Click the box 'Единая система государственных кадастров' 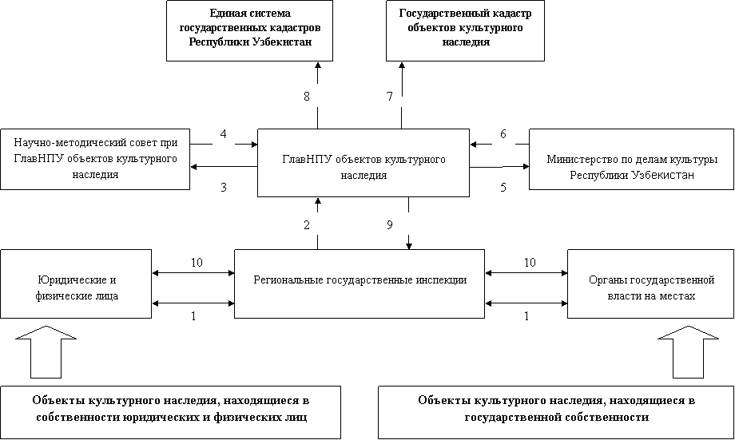[x=249, y=30]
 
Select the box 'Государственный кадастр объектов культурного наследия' [x=465, y=30]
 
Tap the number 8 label [x=306, y=96]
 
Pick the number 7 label [x=389, y=96]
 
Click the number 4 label [x=223, y=133]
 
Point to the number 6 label [x=503, y=133]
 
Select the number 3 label [x=223, y=188]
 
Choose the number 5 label [x=503, y=188]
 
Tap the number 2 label [x=306, y=224]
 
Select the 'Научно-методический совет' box [x=95, y=158]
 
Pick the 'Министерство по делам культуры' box [x=631, y=166]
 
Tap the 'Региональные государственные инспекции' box [x=360, y=280]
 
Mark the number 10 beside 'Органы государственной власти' [x=529, y=262]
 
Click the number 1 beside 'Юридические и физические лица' [x=193, y=315]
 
